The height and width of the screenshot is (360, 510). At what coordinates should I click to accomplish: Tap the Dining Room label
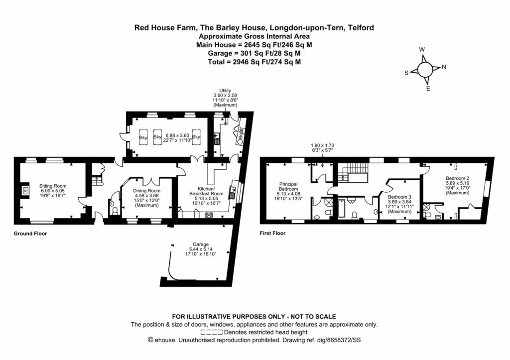click(x=147, y=191)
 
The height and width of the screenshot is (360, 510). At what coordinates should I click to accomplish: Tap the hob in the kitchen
click(x=210, y=215)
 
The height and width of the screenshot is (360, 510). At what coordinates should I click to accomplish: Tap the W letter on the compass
click(x=422, y=49)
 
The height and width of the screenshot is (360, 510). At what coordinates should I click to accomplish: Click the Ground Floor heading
click(x=30, y=233)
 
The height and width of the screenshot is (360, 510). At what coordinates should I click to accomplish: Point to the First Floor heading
click(x=273, y=233)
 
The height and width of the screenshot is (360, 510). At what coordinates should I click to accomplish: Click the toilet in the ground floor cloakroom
click(x=116, y=212)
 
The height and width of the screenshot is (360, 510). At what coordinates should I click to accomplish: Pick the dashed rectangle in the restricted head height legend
click(x=212, y=332)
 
